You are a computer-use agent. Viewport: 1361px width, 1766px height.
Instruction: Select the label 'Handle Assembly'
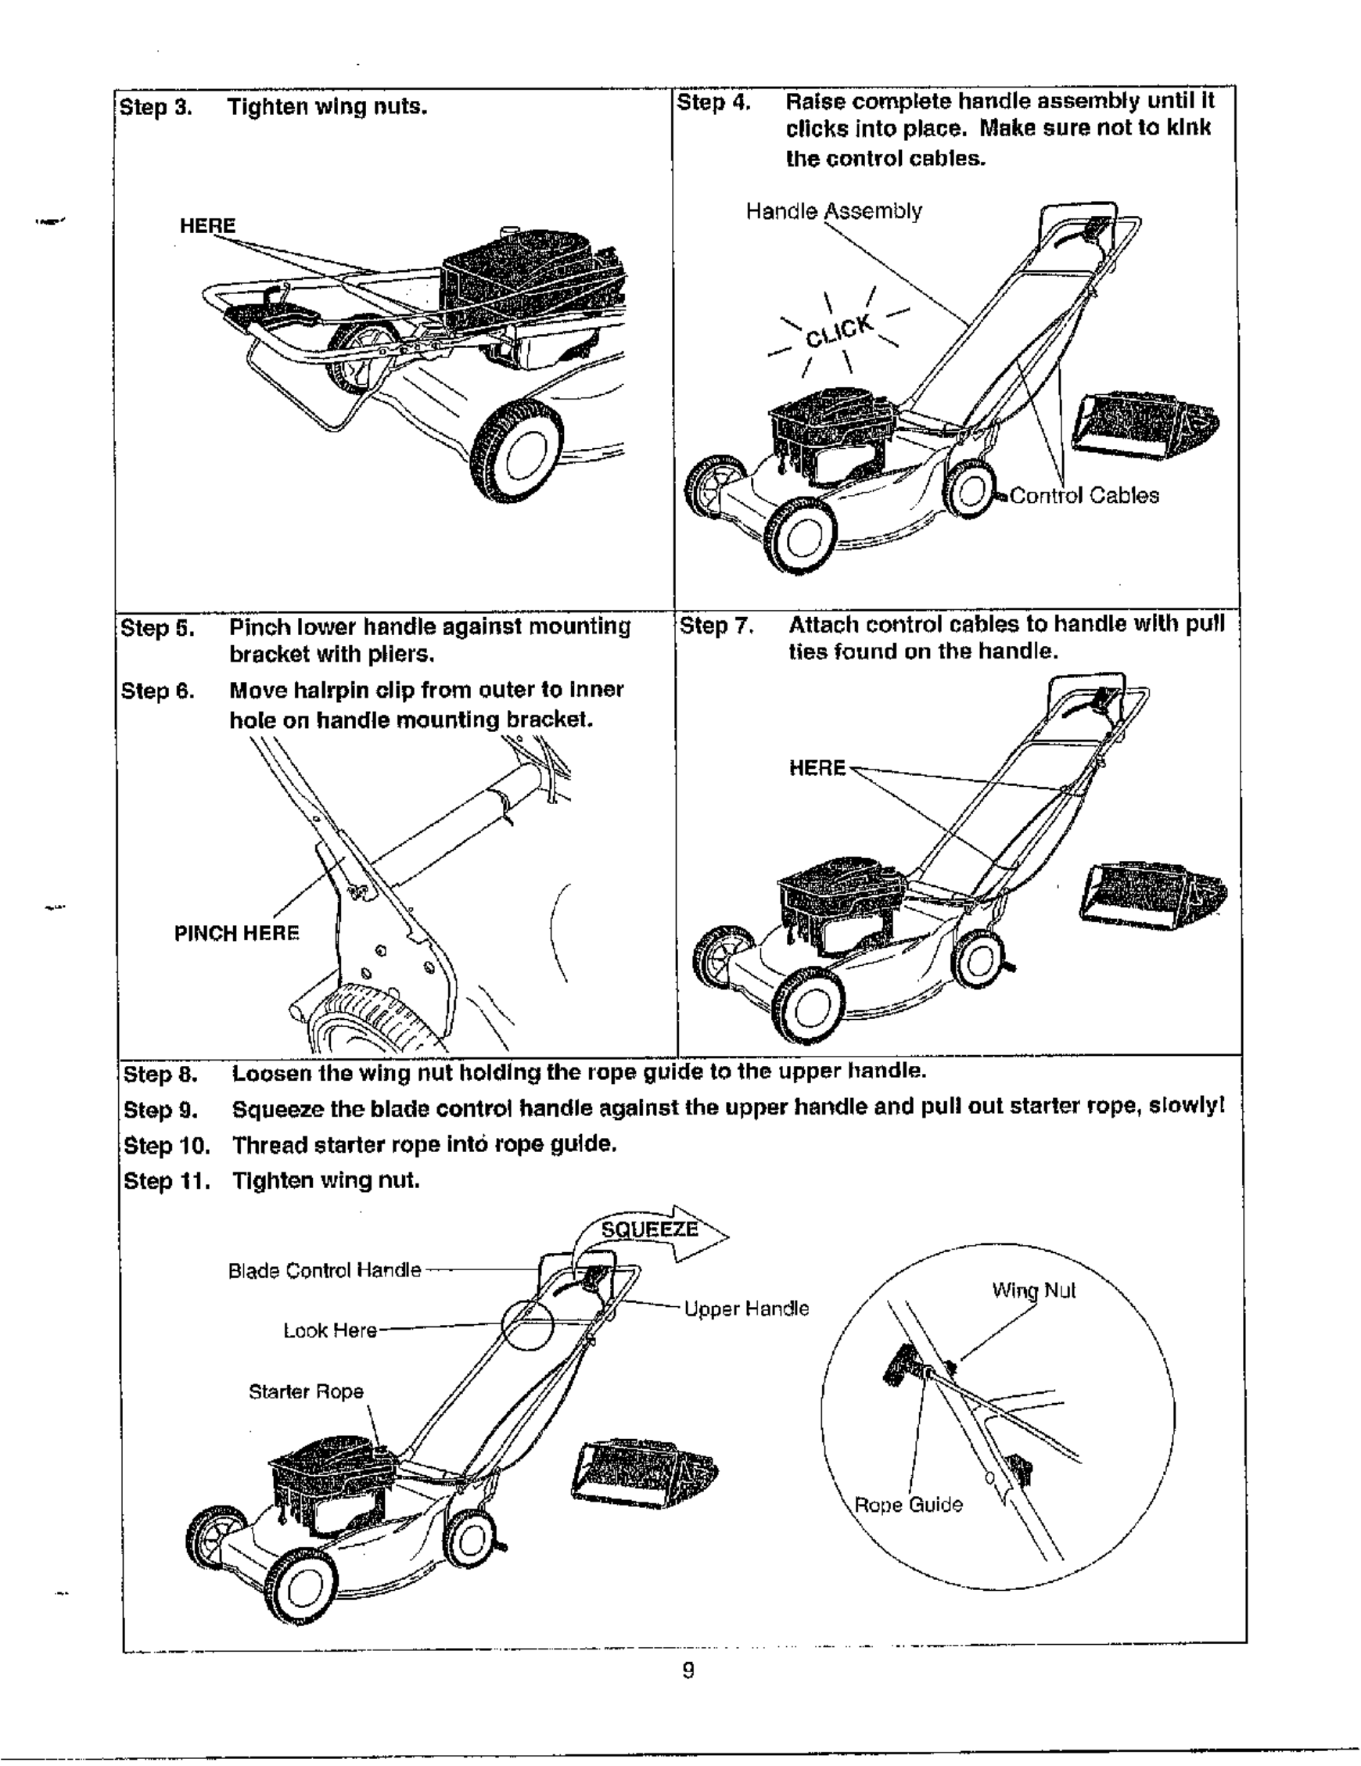point(833,211)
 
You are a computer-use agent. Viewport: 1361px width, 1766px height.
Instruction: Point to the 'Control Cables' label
point(1083,496)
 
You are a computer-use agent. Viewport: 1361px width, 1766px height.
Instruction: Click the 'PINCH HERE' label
point(236,933)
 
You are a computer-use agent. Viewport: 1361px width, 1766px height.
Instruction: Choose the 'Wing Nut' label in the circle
point(1033,1290)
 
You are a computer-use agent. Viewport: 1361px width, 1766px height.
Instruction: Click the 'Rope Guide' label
point(908,1505)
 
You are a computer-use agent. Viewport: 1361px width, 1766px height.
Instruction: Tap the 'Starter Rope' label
point(306,1391)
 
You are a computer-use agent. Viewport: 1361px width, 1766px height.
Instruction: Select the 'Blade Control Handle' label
point(325,1270)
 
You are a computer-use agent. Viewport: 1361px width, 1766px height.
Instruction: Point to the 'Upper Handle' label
point(745,1308)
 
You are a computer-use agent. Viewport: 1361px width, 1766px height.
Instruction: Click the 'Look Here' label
point(330,1330)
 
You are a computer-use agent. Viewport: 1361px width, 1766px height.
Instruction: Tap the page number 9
point(688,1670)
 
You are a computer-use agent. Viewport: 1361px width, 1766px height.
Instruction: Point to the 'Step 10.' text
point(167,1145)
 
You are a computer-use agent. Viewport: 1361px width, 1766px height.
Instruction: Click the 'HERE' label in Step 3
point(207,225)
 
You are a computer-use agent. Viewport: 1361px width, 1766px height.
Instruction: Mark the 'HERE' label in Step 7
point(817,767)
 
